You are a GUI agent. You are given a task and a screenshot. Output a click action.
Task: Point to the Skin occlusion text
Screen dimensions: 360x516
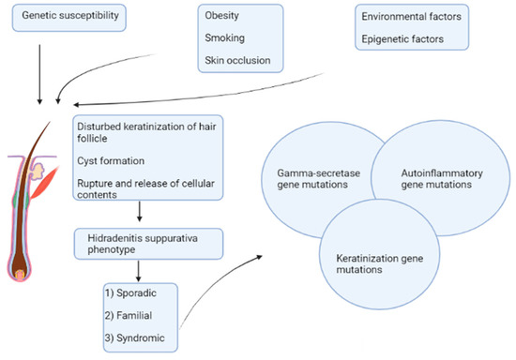point(239,61)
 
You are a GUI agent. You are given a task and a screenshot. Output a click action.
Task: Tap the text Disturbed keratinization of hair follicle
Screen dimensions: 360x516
point(145,131)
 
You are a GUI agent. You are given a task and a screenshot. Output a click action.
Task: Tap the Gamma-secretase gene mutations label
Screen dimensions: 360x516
point(311,183)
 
